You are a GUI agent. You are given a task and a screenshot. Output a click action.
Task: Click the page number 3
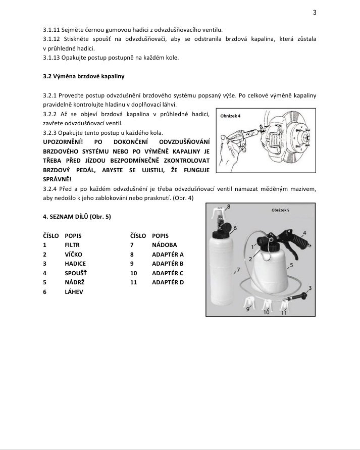pos(314,13)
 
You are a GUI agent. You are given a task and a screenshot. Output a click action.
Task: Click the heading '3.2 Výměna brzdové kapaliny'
pos(84,76)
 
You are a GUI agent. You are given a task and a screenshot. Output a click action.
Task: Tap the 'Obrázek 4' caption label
pos(231,116)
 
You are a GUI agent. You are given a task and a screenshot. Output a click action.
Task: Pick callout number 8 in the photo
pos(229,207)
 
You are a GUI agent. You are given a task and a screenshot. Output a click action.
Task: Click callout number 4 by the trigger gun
pos(304,233)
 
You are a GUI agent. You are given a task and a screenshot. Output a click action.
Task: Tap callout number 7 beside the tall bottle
pos(235,271)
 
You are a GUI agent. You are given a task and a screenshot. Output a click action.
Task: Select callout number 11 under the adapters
pos(284,313)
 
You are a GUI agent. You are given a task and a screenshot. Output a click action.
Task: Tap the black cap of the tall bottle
pos(224,229)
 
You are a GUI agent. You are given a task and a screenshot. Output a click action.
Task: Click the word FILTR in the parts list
pos(72,245)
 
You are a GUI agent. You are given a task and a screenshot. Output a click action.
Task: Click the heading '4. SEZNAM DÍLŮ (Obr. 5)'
pos(77,217)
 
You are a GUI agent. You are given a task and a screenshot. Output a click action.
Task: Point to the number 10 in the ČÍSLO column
pos(133,273)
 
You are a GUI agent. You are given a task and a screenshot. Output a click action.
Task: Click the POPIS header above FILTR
pos(73,236)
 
